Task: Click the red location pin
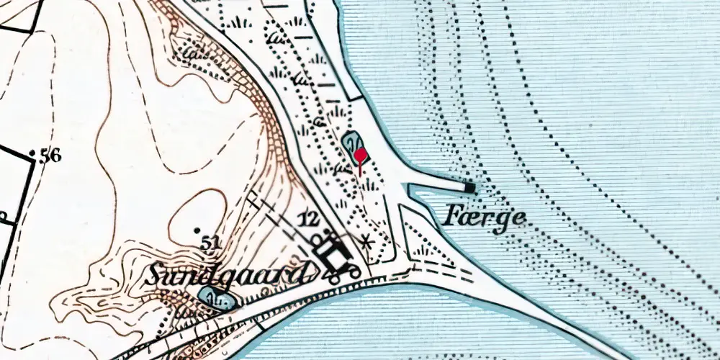click(x=361, y=155)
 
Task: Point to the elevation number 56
click(x=50, y=156)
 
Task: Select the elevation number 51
click(x=210, y=245)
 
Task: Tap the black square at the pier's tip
click(x=469, y=188)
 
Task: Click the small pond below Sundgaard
click(x=214, y=297)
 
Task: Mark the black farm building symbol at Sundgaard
click(x=333, y=253)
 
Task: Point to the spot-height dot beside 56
click(x=33, y=154)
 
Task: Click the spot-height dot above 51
click(x=197, y=230)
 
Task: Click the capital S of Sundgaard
click(x=159, y=274)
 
